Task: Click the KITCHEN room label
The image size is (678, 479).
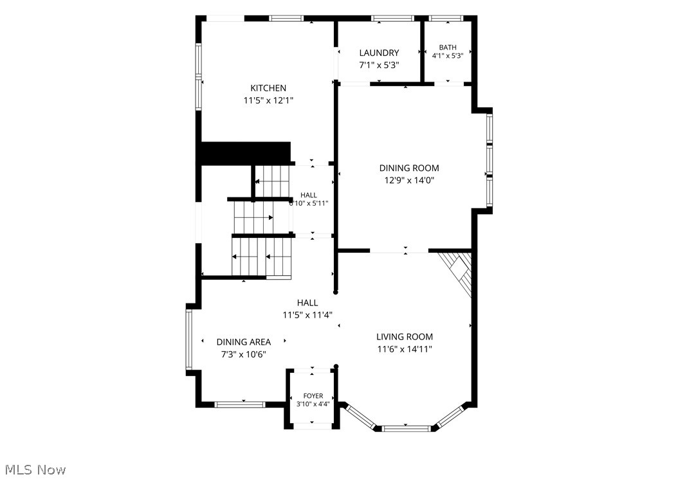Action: pos(268,88)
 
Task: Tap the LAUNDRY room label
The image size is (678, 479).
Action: pos(379,53)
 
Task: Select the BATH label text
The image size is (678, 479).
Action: pos(448,47)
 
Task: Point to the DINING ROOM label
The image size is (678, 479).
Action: pos(409,168)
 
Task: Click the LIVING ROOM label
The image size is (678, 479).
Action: pos(405,337)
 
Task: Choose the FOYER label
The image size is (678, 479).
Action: pos(313,396)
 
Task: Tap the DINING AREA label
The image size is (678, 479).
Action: pos(243,342)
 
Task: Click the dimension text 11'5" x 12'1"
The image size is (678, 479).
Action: pos(268,101)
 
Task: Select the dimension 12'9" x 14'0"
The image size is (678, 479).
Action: pos(409,180)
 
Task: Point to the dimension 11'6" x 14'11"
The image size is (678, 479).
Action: pos(405,349)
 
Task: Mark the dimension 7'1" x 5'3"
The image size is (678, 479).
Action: pos(379,66)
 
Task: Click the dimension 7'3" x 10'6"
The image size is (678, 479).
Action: pos(243,354)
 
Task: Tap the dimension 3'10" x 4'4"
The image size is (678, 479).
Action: pos(313,404)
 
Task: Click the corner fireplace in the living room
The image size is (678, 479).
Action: pos(457,271)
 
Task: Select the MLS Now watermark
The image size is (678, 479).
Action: pos(35,470)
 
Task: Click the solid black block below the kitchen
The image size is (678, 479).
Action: pos(246,153)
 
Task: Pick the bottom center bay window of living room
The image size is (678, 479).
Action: pos(407,429)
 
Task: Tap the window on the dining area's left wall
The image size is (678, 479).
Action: pos(189,339)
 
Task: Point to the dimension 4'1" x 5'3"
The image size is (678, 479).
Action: pos(448,55)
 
